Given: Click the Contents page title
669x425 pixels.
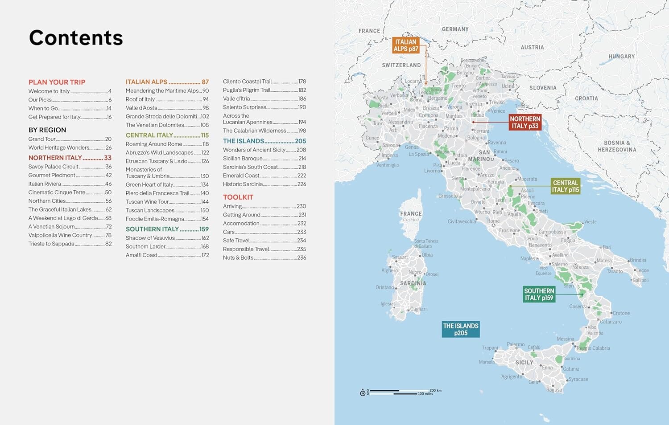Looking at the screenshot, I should [76, 38].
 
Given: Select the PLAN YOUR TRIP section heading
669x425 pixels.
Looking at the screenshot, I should [57, 82].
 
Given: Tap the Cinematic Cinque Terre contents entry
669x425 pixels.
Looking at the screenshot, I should [57, 192].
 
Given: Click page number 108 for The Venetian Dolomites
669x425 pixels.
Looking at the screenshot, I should [204, 125].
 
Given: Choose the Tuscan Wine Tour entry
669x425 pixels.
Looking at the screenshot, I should [147, 202].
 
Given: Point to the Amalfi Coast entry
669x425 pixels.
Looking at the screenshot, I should [141, 255].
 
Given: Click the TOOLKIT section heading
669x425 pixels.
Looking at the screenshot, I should [238, 197].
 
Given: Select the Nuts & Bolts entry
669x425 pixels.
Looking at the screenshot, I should [238, 257].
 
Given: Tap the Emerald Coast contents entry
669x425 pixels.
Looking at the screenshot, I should [241, 176].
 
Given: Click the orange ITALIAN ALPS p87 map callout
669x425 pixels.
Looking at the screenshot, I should [406, 45].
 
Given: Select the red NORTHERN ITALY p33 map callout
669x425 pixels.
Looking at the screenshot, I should [525, 123].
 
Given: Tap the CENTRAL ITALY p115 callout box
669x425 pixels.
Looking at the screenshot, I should [565, 186].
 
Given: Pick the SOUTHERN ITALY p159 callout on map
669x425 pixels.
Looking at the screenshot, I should [539, 294].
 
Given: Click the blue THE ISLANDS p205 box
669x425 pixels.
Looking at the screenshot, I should [461, 330].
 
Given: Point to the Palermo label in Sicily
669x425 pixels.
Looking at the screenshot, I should [516, 344].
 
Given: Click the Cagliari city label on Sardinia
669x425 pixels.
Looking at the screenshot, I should [418, 309].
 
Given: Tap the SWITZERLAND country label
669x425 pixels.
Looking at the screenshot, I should [401, 65].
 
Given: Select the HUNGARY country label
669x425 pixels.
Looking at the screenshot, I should [621, 57].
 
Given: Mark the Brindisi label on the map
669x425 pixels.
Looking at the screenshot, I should [638, 260].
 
